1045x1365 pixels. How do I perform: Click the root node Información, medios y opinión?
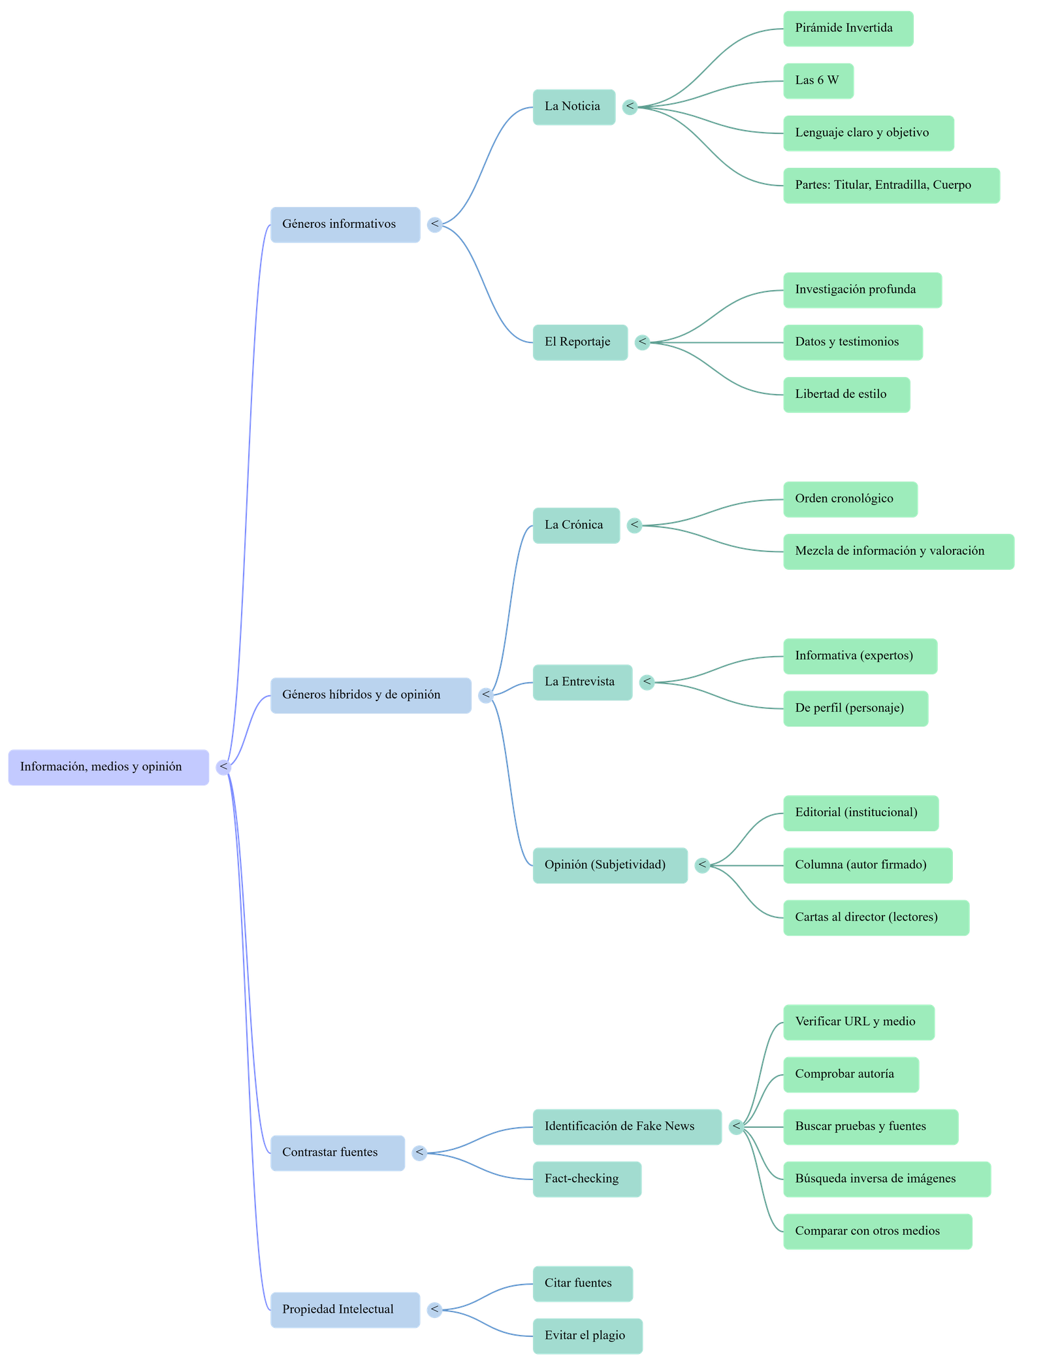pyautogui.click(x=108, y=767)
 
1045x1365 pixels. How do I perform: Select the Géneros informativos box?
pyautogui.click(x=345, y=225)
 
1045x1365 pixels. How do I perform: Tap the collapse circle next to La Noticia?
pyautogui.click(x=630, y=107)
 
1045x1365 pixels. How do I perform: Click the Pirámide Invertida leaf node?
pyautogui.click(x=848, y=28)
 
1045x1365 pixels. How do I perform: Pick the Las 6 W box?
pyautogui.click(x=818, y=81)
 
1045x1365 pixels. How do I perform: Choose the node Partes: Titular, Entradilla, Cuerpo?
pyautogui.click(x=891, y=186)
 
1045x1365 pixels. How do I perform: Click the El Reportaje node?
pyautogui.click(x=580, y=342)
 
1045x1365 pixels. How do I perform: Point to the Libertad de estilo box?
pyautogui.click(x=846, y=395)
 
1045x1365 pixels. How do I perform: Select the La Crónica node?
pyautogui.click(x=575, y=525)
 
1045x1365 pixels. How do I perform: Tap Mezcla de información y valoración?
pyautogui.click(x=898, y=551)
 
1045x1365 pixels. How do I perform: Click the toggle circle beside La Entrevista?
pyautogui.click(x=647, y=682)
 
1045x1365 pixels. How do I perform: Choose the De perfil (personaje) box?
pyautogui.click(x=855, y=708)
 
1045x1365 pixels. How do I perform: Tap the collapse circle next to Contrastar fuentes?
pyautogui.click(x=419, y=1153)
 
